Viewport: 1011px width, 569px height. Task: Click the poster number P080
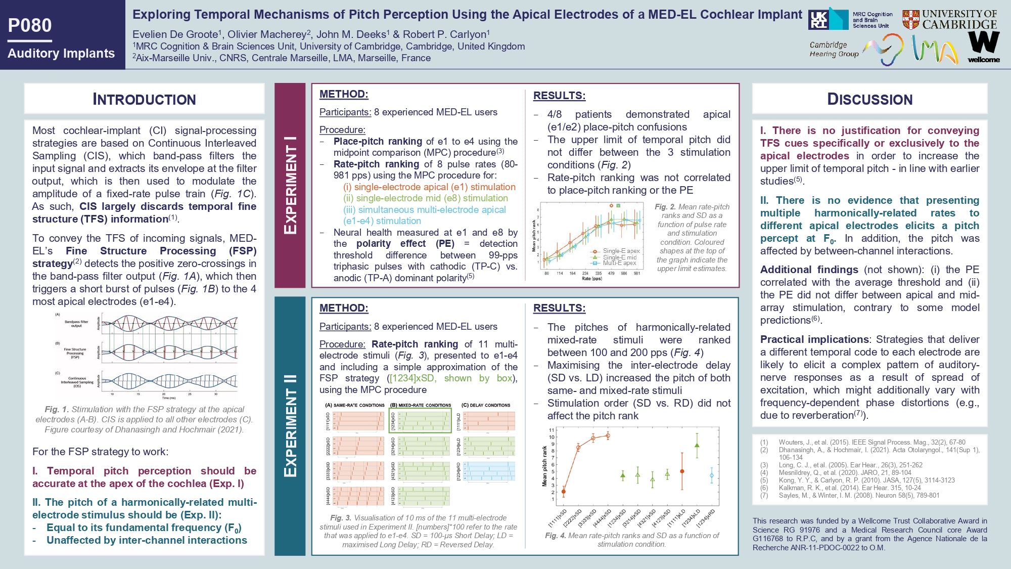pos(30,25)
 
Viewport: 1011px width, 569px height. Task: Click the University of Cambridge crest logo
pos(910,20)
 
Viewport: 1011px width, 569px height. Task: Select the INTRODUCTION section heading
pos(144,99)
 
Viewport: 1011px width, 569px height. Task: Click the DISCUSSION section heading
pos(869,99)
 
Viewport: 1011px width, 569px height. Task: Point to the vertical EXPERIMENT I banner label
pos(290,185)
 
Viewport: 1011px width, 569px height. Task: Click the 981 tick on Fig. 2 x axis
pos(637,273)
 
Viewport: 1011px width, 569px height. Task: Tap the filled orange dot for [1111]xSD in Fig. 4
pos(564,492)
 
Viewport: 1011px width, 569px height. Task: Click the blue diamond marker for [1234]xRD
pos(712,475)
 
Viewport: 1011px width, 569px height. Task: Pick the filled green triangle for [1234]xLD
pos(697,446)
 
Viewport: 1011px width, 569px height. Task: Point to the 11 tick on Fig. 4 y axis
pos(552,430)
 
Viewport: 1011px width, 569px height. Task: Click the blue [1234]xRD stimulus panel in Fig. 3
pos(489,471)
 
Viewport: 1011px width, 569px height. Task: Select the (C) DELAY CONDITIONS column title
pos(486,405)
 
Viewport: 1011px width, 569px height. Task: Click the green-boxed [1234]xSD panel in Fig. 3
pos(424,421)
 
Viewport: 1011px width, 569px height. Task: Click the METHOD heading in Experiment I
pos(344,94)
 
